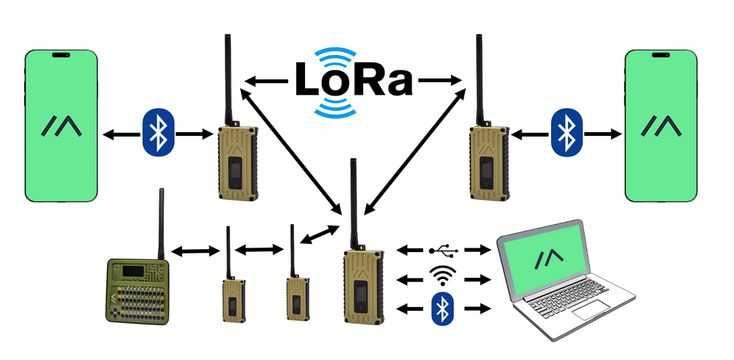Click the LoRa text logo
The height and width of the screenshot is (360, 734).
(353, 80)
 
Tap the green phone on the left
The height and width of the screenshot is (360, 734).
(62, 126)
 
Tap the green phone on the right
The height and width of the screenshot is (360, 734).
(660, 126)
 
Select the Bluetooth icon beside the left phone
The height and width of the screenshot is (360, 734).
(156, 133)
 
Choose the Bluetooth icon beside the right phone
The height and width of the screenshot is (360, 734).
(566, 133)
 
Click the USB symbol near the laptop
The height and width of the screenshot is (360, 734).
(444, 251)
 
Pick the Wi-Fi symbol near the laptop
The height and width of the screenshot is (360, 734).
(442, 277)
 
